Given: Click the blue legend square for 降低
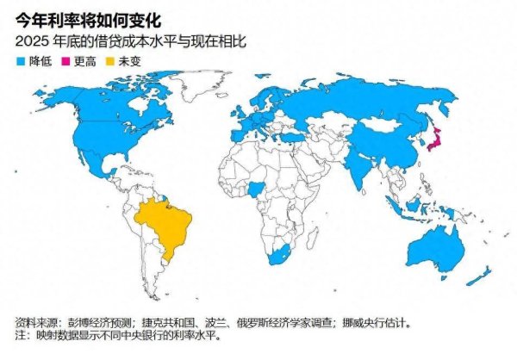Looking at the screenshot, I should click(x=21, y=61).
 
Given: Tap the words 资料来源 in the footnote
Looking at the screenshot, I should click(x=35, y=324).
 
